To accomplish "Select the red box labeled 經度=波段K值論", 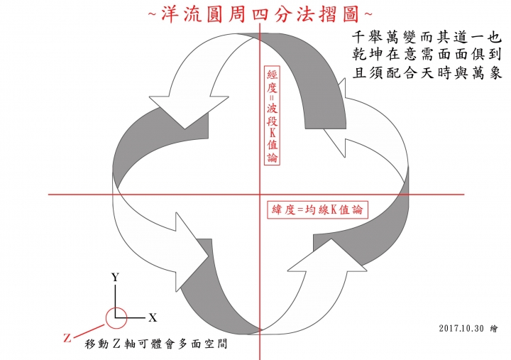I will (x=273, y=118).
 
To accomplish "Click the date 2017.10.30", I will (x=461, y=328).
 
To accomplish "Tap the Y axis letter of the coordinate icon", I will (x=114, y=278).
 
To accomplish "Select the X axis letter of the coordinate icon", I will (x=152, y=317).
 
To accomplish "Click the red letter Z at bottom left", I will (x=67, y=338).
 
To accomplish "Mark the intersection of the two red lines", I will (x=260, y=194).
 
